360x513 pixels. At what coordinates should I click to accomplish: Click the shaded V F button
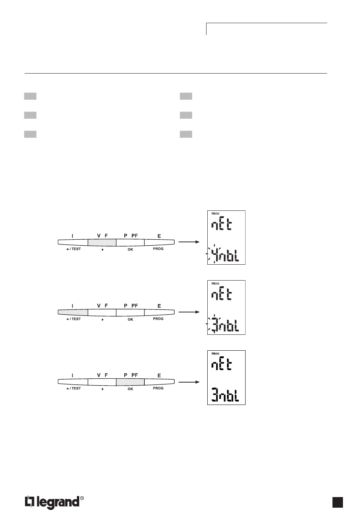(x=102, y=242)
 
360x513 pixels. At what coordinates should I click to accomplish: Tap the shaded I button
(x=73, y=312)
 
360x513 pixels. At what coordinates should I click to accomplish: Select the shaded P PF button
(x=130, y=382)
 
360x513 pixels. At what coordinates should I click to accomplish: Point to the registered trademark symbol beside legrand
(x=82, y=498)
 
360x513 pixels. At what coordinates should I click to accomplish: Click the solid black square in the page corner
(x=338, y=502)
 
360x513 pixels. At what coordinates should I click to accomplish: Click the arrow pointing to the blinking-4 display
(x=189, y=242)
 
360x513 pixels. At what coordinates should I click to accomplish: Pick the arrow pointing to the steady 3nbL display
(x=189, y=382)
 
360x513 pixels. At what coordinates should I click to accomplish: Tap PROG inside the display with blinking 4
(x=215, y=214)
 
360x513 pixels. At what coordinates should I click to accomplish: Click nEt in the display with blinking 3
(x=222, y=295)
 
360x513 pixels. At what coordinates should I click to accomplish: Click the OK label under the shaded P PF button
(x=130, y=389)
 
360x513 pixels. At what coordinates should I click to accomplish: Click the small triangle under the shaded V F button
(x=103, y=250)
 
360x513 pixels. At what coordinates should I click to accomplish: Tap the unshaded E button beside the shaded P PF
(x=159, y=382)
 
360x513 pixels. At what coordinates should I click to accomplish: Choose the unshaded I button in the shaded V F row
(x=73, y=242)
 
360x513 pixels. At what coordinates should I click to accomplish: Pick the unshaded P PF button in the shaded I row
(x=130, y=312)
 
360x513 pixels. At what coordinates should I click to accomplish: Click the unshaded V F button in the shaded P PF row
(x=102, y=382)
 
